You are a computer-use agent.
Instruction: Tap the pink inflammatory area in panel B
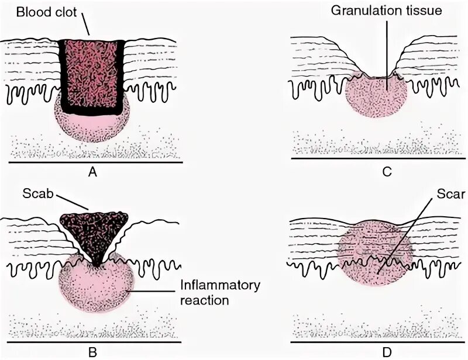tap(88, 289)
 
